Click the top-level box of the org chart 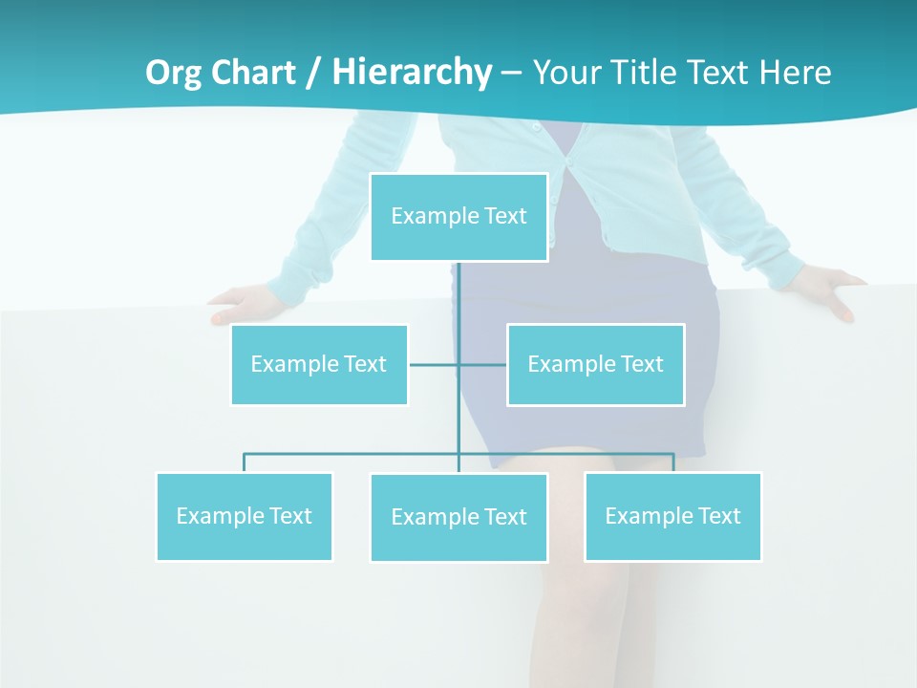click(x=458, y=217)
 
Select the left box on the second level click(x=319, y=364)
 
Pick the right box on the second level click(x=595, y=364)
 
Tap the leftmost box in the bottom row click(x=244, y=516)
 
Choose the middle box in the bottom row click(x=458, y=517)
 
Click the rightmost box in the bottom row click(x=672, y=516)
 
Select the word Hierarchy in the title click(x=412, y=73)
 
